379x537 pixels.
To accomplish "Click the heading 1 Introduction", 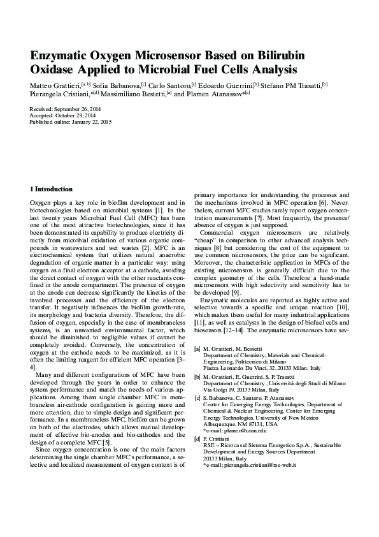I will [52, 189].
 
